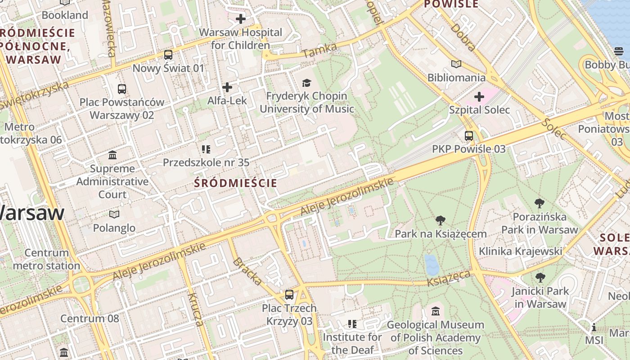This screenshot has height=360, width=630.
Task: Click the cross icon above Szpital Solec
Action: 479,96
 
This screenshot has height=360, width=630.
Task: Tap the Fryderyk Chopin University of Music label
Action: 306,103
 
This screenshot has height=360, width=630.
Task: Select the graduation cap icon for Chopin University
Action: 306,83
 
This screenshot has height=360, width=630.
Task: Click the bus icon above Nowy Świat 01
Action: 168,55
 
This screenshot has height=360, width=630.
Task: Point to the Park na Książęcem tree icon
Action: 441,220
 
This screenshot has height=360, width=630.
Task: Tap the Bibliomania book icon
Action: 456,64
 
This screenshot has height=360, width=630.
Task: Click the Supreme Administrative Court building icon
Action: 112,155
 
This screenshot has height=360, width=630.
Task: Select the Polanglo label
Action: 114,228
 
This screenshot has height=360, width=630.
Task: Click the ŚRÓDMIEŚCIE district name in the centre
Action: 235,183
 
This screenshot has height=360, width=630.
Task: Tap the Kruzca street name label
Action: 196,309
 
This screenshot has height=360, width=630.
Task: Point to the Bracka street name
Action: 247,271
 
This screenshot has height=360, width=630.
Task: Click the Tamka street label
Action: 319,50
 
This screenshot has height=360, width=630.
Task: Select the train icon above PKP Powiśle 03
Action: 469,135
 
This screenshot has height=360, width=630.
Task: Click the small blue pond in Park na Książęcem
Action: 432,264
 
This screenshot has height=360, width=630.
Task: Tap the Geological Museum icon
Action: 435,311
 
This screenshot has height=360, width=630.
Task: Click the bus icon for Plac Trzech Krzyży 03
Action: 289,295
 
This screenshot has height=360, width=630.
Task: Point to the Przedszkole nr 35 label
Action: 206,162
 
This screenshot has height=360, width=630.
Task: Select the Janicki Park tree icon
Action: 540,278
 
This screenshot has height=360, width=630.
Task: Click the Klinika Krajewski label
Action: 520,251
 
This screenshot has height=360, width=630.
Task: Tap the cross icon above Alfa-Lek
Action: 227,87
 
